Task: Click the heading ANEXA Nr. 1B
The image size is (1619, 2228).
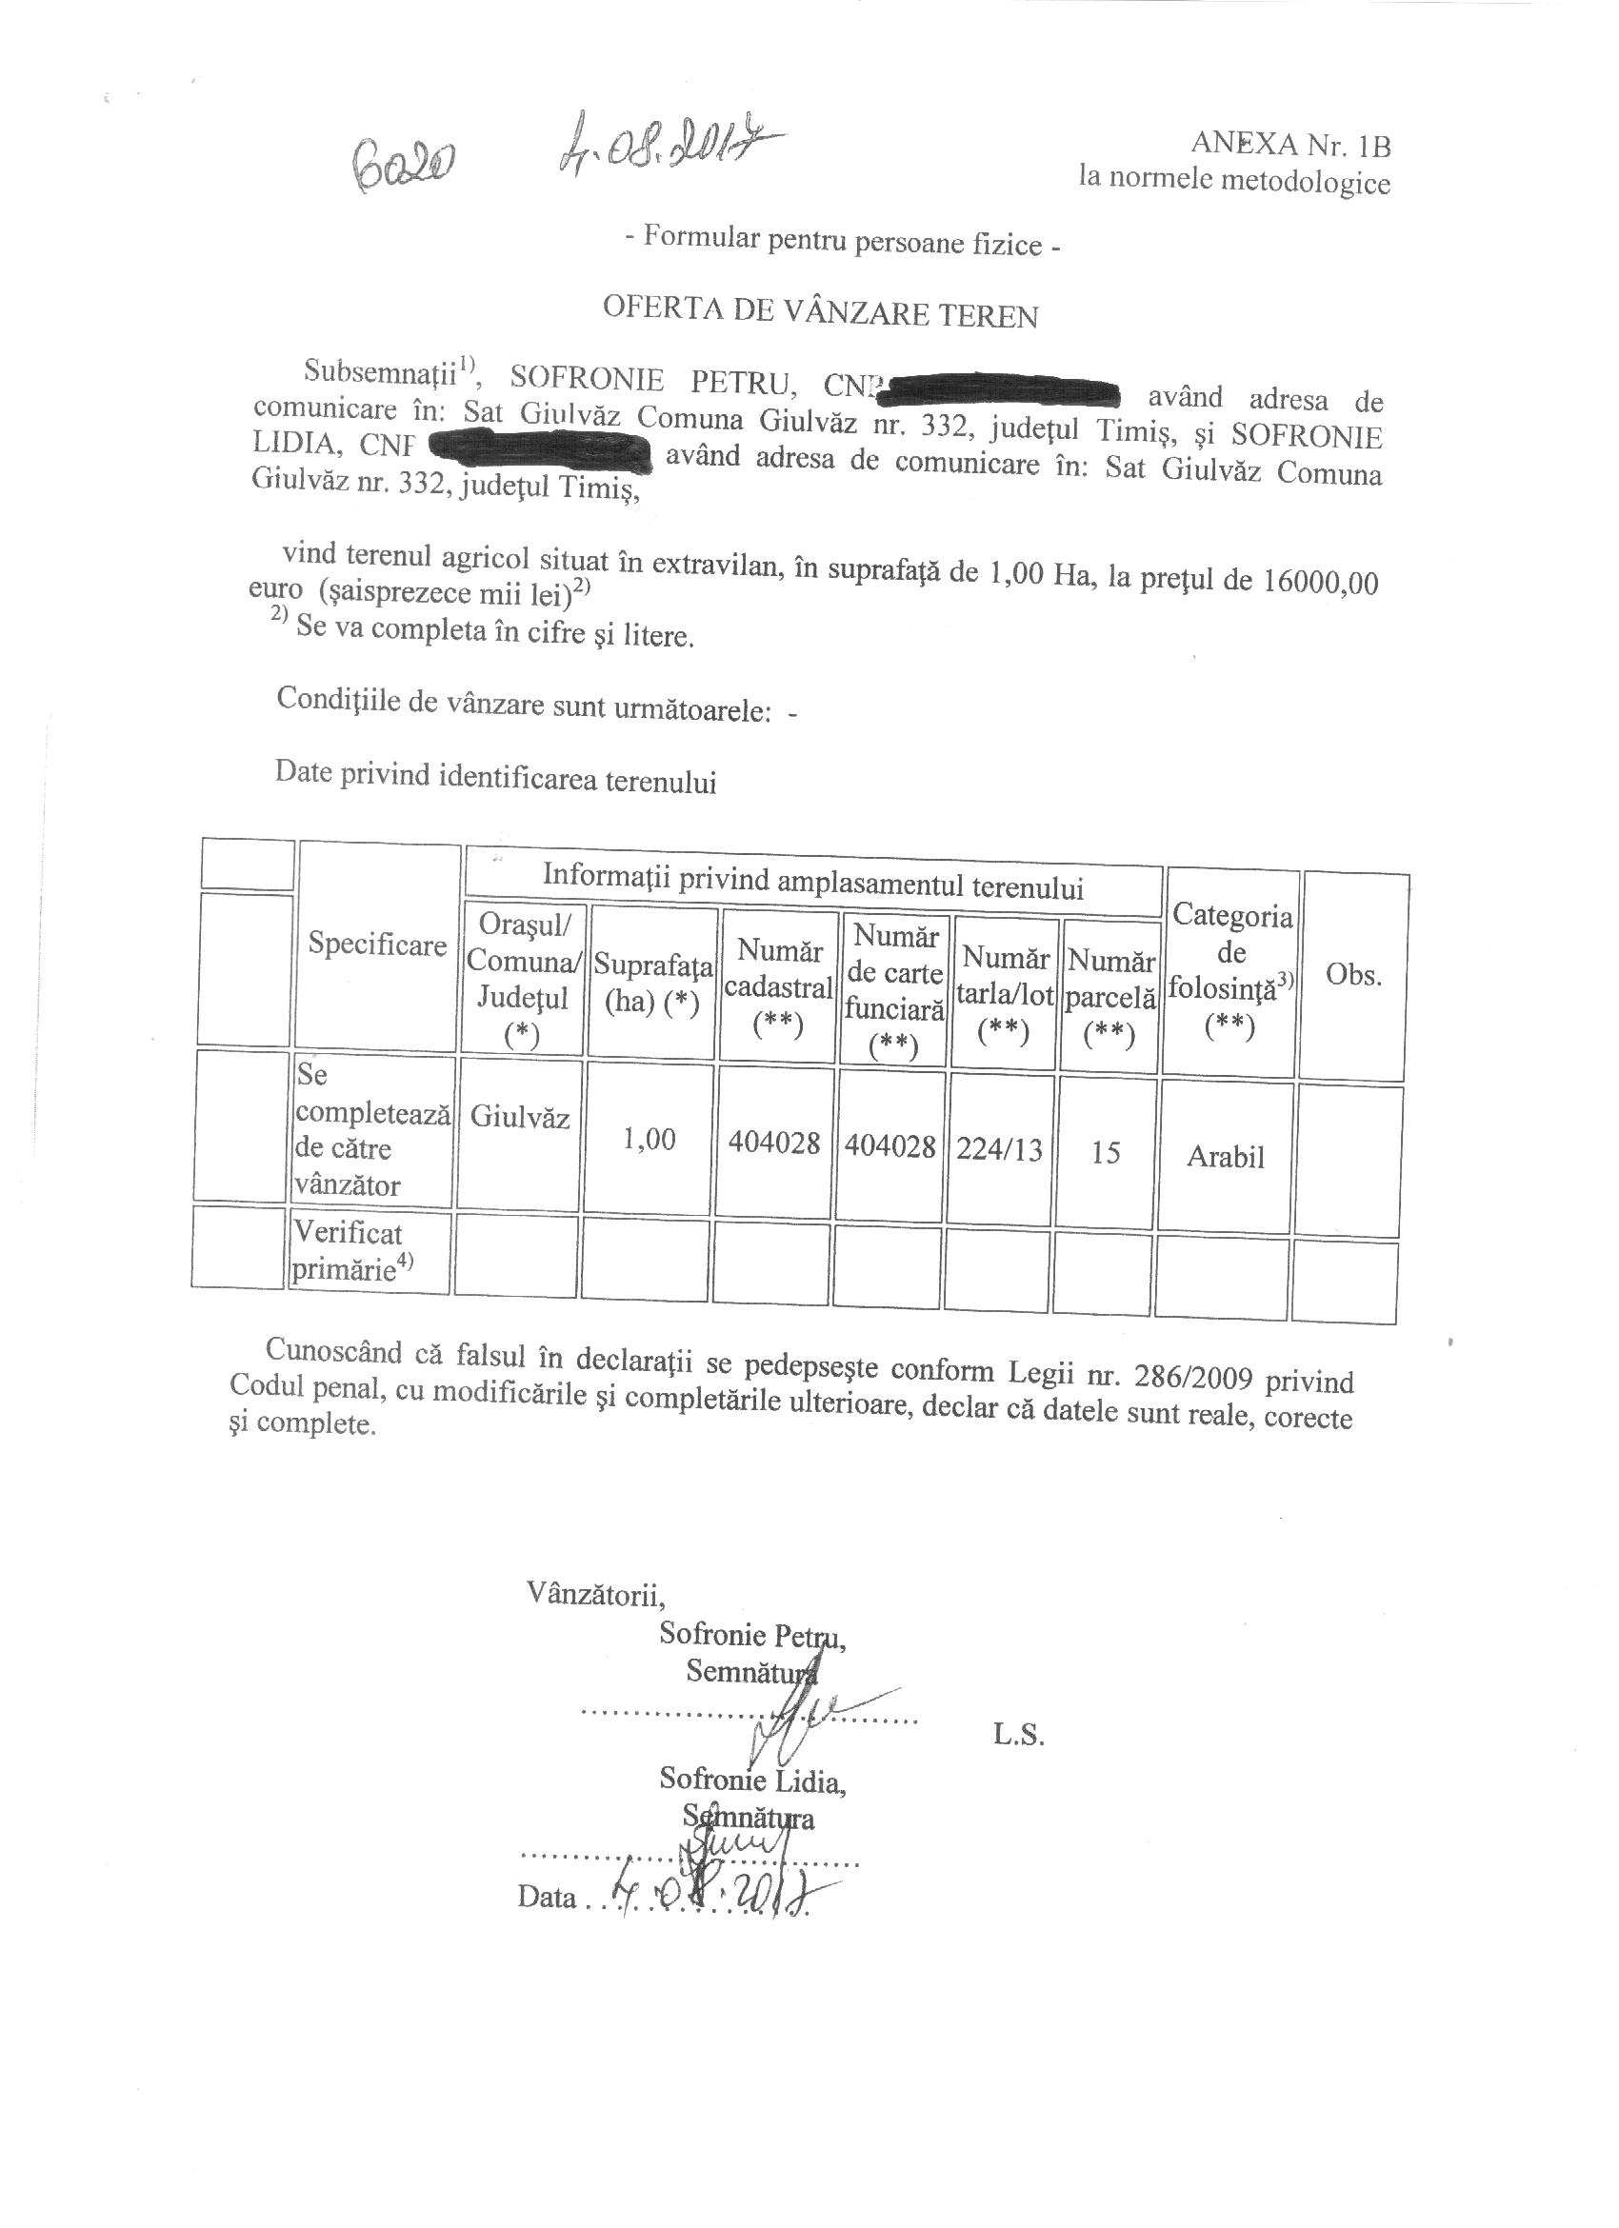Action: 1289,145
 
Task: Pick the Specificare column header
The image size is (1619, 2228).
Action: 377,945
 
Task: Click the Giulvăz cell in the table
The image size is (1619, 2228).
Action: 520,1117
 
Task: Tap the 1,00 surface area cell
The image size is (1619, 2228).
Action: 650,1140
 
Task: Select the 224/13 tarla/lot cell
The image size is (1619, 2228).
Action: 999,1148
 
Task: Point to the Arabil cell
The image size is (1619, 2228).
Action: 1225,1157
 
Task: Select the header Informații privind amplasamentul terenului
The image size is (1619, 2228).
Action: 812,881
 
